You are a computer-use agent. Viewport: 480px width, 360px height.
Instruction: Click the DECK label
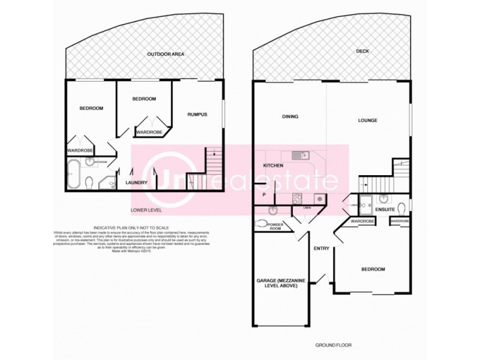coord(362,51)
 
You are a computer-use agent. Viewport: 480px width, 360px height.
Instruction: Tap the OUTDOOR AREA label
coord(166,55)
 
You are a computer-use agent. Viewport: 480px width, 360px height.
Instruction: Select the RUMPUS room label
coord(197,115)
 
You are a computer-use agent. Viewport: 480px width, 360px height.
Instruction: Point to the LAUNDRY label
coord(136,183)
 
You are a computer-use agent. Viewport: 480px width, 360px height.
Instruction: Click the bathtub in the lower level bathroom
coord(73,173)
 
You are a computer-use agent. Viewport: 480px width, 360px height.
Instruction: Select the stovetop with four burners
coord(296,199)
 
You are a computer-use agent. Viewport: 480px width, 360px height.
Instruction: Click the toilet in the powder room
coord(260,224)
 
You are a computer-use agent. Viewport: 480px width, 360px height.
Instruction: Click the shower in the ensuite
coord(366,202)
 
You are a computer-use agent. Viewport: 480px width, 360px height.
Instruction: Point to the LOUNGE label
coord(368,121)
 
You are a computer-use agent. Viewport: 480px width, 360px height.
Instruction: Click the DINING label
coord(290,116)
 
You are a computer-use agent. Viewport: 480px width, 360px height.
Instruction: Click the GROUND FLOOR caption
coord(333,345)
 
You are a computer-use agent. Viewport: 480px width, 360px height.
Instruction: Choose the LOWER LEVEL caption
coord(146,211)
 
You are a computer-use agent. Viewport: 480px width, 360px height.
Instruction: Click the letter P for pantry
coord(264,194)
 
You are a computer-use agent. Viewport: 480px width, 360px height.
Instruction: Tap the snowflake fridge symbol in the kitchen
coord(320,199)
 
